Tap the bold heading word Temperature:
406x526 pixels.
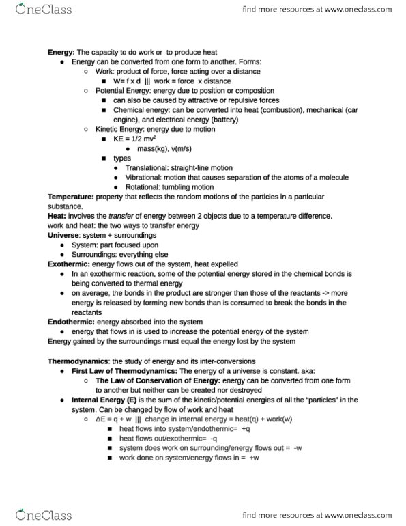tap(70, 197)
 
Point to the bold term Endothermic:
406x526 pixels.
tap(70, 321)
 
